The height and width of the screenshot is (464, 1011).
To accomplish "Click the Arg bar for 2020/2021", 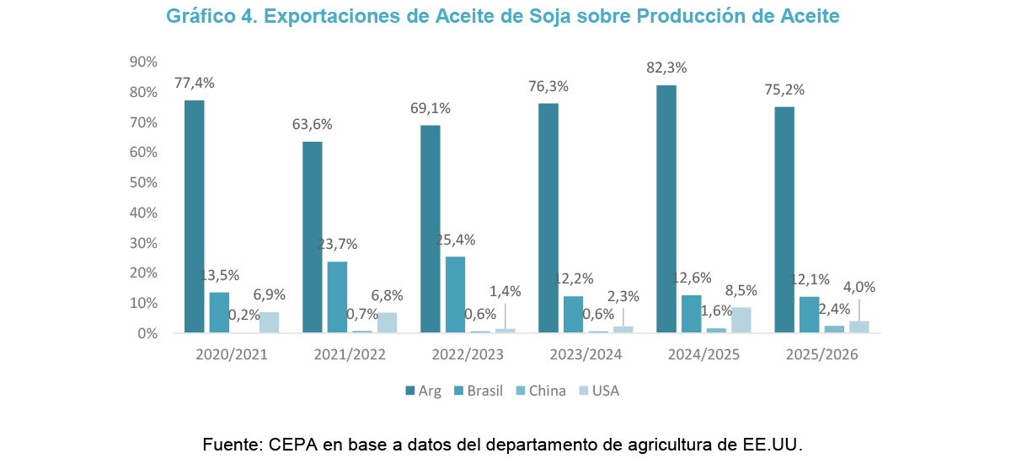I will [195, 217].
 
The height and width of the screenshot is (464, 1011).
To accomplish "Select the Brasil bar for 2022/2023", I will [455, 294].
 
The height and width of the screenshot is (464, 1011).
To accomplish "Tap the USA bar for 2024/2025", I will [741, 320].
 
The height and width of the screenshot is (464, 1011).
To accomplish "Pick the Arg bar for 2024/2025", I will [666, 209].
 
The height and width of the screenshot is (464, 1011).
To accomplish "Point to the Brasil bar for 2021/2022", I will [337, 297].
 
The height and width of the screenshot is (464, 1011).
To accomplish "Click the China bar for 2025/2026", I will [834, 329].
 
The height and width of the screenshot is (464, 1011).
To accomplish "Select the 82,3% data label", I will [666, 67].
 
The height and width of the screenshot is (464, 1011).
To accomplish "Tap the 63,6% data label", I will [312, 124].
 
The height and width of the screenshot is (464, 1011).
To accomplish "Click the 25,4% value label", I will [455, 240].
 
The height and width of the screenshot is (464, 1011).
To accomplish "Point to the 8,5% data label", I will [741, 290].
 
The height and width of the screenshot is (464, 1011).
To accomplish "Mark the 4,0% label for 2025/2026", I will [859, 287].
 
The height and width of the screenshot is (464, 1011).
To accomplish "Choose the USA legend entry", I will [599, 391].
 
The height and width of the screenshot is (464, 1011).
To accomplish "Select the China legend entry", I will [540, 391].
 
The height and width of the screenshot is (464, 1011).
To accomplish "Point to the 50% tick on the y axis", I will [144, 182].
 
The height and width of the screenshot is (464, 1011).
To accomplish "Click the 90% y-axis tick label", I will [144, 62].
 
